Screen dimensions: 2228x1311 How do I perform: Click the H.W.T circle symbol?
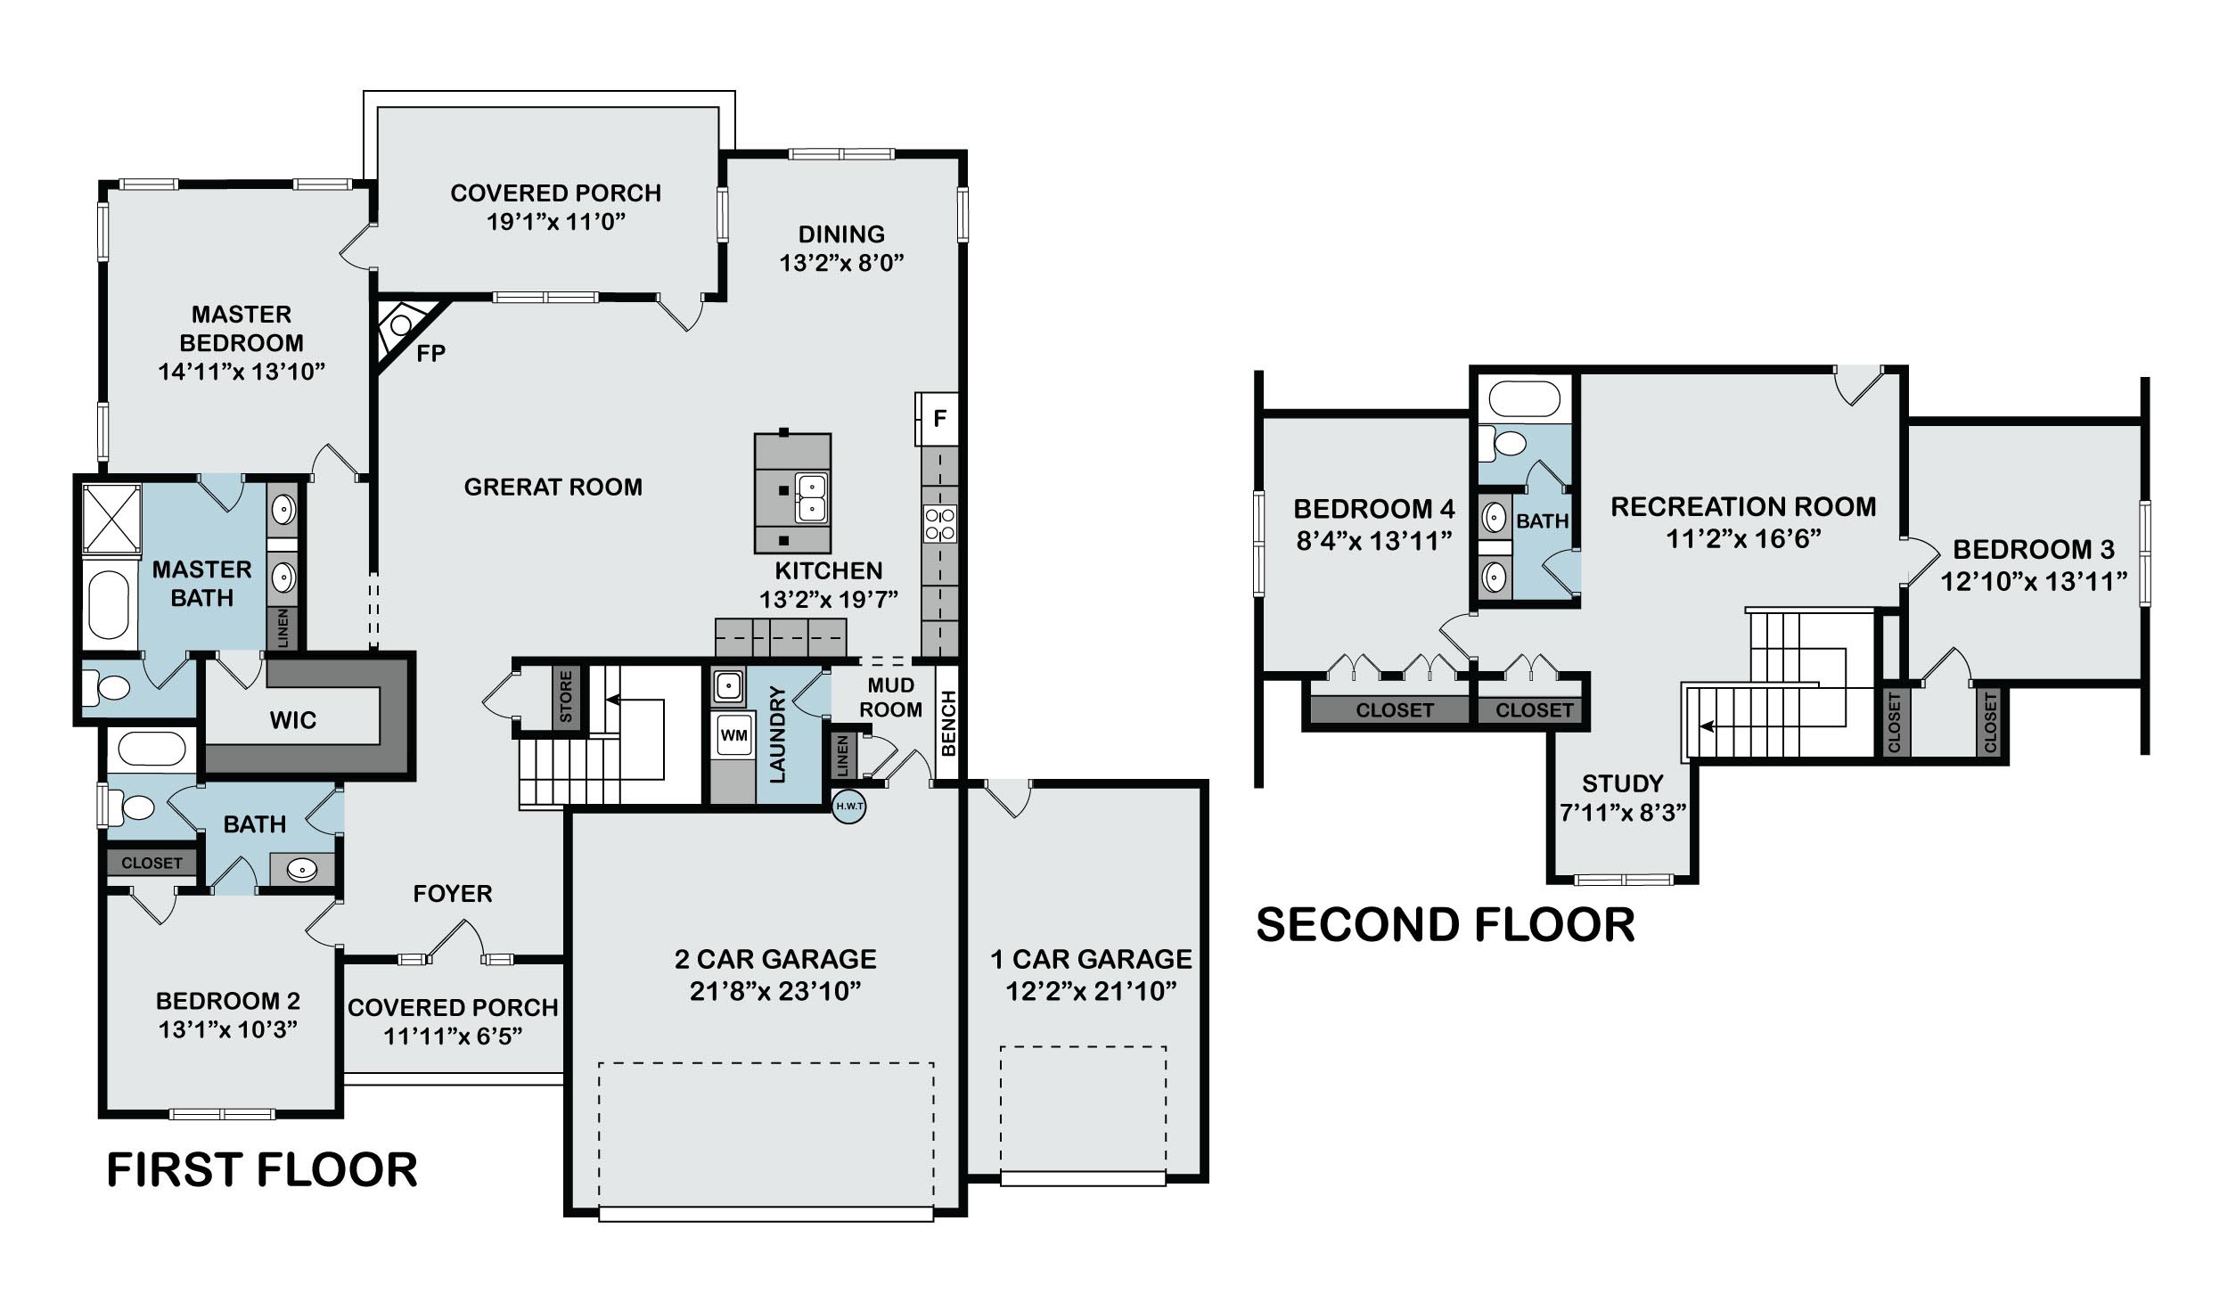click(x=848, y=807)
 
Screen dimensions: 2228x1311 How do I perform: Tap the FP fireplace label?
click(x=431, y=354)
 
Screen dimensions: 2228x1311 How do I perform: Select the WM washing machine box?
click(x=733, y=735)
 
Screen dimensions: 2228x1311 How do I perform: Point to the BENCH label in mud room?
click(x=948, y=723)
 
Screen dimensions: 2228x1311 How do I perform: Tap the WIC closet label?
click(x=293, y=720)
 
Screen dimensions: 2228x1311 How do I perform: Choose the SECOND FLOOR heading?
click(x=1446, y=925)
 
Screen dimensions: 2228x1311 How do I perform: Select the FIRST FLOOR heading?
click(x=262, y=1169)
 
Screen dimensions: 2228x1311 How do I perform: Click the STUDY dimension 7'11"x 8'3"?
click(x=1623, y=813)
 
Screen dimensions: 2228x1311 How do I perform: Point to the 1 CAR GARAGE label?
click(x=1091, y=959)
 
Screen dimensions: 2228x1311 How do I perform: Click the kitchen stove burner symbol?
click(x=940, y=524)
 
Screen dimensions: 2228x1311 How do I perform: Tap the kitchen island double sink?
click(x=812, y=497)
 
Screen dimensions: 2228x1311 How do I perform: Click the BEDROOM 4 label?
click(x=1373, y=509)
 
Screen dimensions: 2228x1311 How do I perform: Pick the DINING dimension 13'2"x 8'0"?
click(x=842, y=263)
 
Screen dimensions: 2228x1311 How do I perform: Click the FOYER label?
click(x=453, y=893)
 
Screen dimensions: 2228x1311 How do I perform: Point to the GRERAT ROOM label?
click(x=553, y=487)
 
